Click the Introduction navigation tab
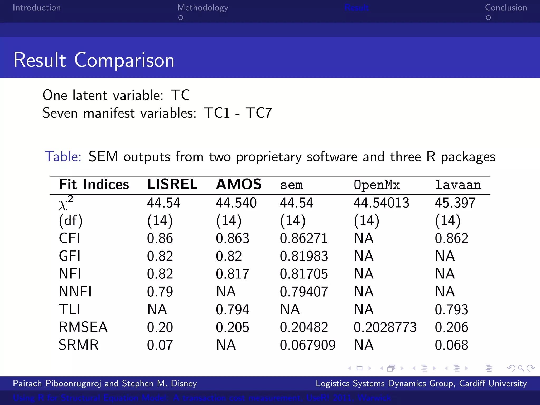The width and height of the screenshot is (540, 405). (x=37, y=8)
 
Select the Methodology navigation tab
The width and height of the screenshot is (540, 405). (x=202, y=8)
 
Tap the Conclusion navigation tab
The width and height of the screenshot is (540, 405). (x=506, y=8)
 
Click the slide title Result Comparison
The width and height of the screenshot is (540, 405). (x=94, y=60)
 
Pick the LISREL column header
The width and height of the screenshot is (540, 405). (x=172, y=184)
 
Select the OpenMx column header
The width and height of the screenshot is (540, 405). (x=377, y=185)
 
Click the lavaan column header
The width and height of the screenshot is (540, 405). (x=458, y=185)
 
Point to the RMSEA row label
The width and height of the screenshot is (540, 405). (x=83, y=327)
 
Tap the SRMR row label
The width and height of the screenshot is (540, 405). (x=79, y=345)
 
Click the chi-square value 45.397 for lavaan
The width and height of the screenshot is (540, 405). (x=455, y=203)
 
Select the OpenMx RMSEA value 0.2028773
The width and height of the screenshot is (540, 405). (x=385, y=327)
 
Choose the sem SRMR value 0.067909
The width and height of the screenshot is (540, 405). (x=307, y=345)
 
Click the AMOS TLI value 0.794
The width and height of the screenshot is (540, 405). (x=232, y=309)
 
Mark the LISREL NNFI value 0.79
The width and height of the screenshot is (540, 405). (x=160, y=292)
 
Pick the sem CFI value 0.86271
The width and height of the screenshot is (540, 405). (x=304, y=238)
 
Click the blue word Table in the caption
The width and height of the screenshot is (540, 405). (x=63, y=156)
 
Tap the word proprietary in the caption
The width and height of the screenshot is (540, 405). (x=269, y=157)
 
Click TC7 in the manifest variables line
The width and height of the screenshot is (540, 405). (x=258, y=113)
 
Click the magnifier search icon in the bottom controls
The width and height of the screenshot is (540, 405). (x=521, y=368)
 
